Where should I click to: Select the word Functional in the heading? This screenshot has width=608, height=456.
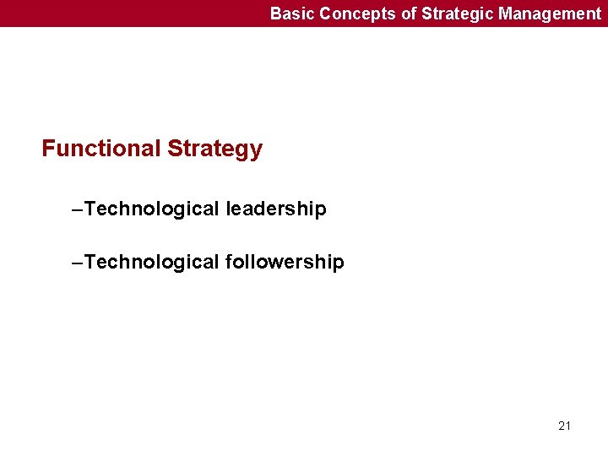pos(101,149)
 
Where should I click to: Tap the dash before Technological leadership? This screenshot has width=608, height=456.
pos(79,209)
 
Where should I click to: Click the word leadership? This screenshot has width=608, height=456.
pos(275,209)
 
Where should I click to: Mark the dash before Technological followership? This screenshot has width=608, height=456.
pos(79,263)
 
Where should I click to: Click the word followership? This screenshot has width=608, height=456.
pos(285,263)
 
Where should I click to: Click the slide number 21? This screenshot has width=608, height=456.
pos(565,426)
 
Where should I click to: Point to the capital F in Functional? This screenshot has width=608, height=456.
pos(48,149)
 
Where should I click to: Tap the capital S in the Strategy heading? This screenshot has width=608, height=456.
pos(174,149)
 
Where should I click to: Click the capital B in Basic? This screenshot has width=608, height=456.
pos(275,14)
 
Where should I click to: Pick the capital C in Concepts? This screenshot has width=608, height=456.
pos(325,14)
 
